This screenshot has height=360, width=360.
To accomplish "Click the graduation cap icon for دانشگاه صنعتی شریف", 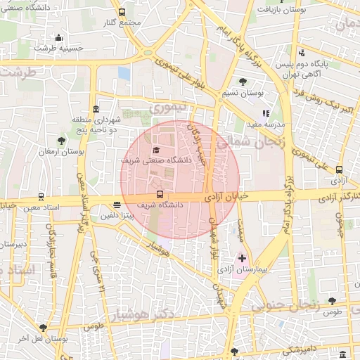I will click(155, 150).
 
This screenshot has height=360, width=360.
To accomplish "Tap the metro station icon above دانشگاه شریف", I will click(160, 194).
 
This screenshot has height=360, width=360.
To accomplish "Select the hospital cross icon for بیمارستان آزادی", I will click(243, 259).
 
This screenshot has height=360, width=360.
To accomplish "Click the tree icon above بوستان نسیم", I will click(243, 82).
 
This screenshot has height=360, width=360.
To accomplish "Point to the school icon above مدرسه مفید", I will click(266, 112).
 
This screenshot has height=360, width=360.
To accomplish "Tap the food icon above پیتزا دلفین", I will click(117, 205).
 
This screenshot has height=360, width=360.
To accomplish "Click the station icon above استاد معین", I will click(41, 197).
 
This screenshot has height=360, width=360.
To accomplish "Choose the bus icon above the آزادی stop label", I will click(340, 169).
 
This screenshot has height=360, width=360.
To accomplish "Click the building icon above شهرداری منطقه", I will click(96, 108).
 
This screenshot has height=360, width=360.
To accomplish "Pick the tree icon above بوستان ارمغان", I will click(61, 140).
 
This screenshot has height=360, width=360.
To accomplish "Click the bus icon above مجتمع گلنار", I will click(122, 12).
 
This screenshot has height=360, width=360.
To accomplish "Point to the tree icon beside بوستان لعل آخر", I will click(44, 327).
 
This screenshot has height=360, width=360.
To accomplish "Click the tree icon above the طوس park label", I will click(332, 300).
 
